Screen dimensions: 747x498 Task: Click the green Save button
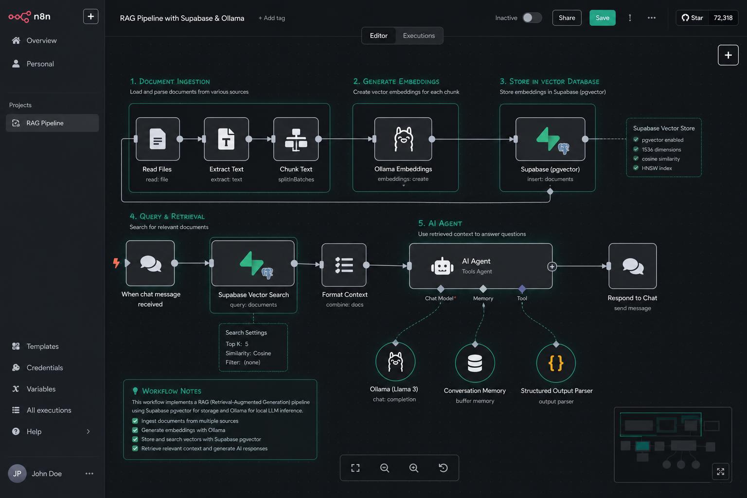coord(602,18)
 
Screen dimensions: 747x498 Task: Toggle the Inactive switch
coord(532,18)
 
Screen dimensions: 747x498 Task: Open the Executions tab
coord(419,36)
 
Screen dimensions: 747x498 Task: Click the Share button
coord(567,18)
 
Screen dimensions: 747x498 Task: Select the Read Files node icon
coord(158,139)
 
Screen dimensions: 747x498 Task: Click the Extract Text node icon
coord(227,139)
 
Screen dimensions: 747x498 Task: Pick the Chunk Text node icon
coord(296,139)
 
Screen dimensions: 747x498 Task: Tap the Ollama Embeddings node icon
coord(403,139)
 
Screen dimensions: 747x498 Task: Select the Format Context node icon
coord(344,265)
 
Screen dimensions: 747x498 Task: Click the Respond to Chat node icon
coord(633,266)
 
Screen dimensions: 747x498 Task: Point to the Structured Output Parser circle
coord(556,363)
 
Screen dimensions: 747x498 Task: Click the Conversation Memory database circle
coord(475,363)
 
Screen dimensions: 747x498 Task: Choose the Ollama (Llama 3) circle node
coord(395,361)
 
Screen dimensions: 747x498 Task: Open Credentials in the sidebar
coord(45,368)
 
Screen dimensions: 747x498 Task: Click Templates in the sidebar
coord(42,346)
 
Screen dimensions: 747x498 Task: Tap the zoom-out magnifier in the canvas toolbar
coord(385,468)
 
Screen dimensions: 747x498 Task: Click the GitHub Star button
coord(692,18)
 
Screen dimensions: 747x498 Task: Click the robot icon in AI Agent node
coord(442,266)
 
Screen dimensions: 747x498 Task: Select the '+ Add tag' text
coord(272,18)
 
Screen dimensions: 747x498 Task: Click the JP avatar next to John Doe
coord(18,473)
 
